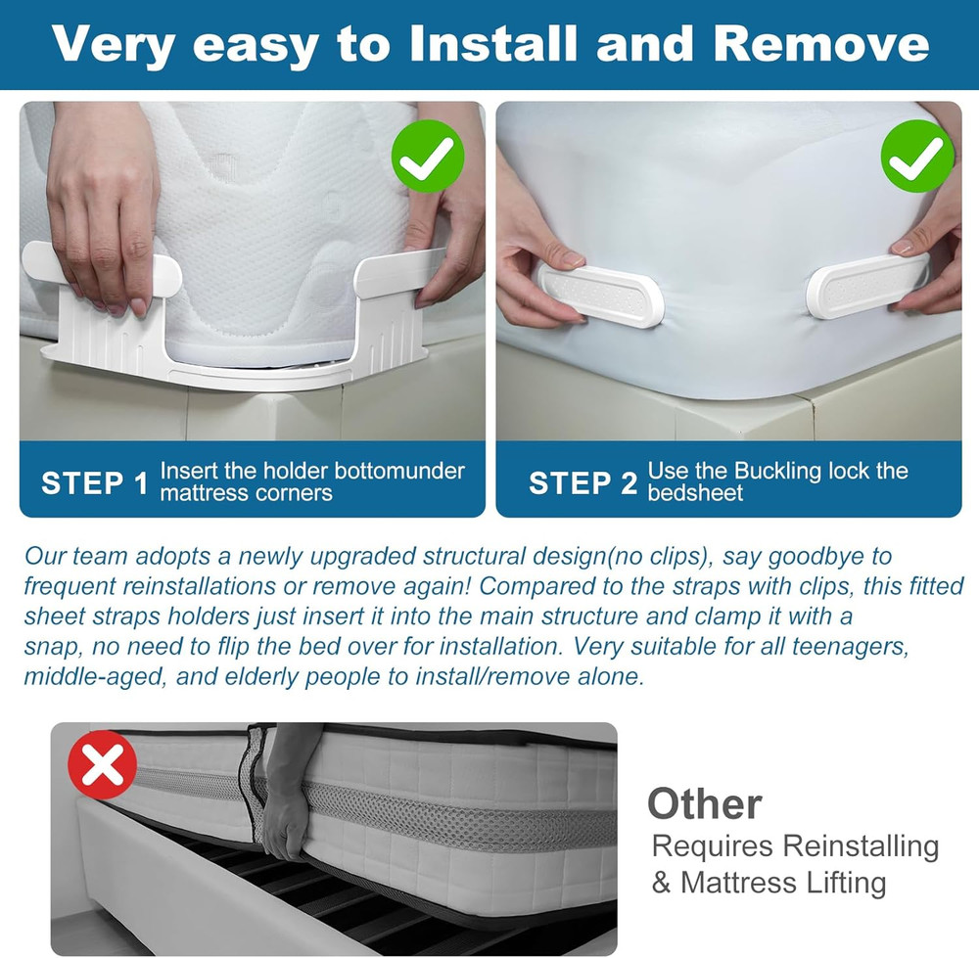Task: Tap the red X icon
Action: point(103,766)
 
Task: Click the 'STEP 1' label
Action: point(94,482)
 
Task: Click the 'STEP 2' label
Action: point(583,482)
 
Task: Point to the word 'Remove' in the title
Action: point(820,44)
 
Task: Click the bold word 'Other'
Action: point(704,804)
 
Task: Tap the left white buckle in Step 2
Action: point(601,294)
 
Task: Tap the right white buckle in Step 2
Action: point(866,285)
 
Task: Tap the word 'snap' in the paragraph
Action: point(49,647)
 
